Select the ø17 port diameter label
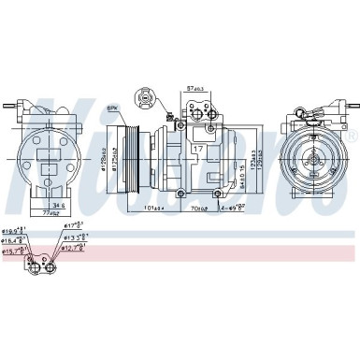74,225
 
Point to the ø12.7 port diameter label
78,249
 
